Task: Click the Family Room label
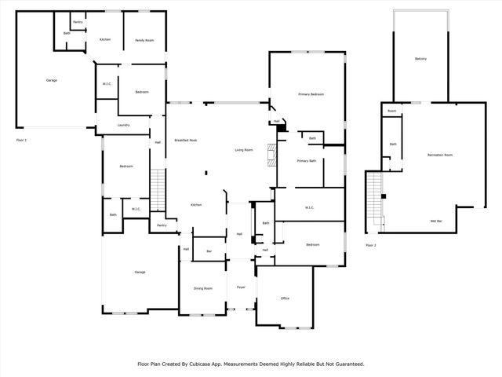click(144, 40)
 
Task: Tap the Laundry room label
click(123, 125)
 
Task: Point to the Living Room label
click(243, 150)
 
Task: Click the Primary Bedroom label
click(311, 94)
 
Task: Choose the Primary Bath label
click(306, 161)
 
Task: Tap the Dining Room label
click(203, 288)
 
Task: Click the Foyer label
click(241, 287)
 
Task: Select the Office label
click(285, 298)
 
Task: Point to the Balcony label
click(420, 60)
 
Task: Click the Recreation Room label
click(440, 155)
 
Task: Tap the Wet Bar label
click(436, 221)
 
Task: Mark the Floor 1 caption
click(21, 140)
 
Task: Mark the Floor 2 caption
click(370, 245)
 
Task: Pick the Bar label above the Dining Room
click(209, 251)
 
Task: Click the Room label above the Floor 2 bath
click(391, 111)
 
